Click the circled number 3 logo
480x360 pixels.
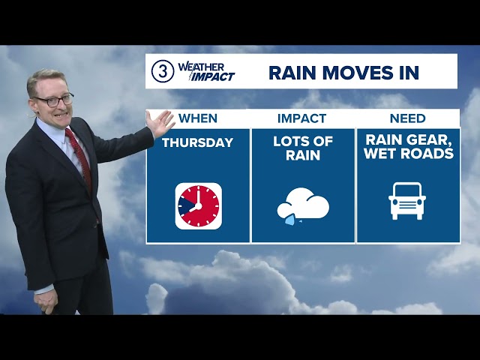pyautogui.click(x=163, y=71)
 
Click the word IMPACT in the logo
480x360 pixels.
pyautogui.click(x=213, y=76)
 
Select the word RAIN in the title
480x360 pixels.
pyautogui.click(x=289, y=72)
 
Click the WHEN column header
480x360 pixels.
pyautogui.click(x=198, y=118)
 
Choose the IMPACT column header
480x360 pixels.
pyautogui.click(x=301, y=118)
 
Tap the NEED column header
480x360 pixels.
pyautogui.click(x=407, y=118)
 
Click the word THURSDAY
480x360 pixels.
pyautogui.click(x=198, y=142)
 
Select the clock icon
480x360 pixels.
pyautogui.click(x=198, y=205)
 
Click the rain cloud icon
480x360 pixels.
pyautogui.click(x=303, y=205)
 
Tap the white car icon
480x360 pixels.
pyautogui.click(x=407, y=201)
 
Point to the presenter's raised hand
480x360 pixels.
pyautogui.click(x=160, y=124)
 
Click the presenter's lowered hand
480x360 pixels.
pyautogui.click(x=46, y=300)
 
